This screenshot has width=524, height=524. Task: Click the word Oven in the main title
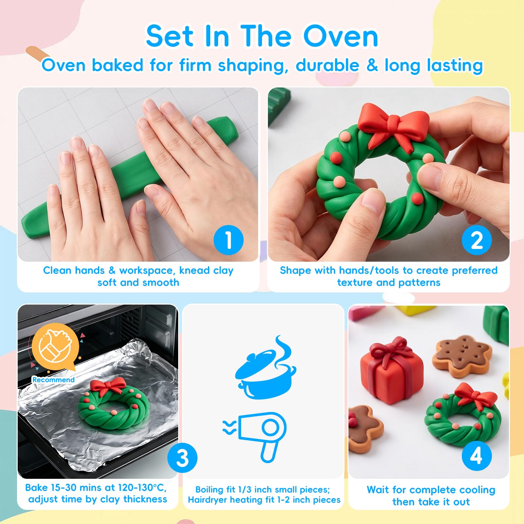341,36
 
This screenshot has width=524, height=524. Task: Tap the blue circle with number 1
228,240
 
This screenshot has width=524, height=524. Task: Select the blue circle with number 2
477,240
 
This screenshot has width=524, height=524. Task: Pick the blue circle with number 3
182,458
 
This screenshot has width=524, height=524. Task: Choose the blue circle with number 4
477,456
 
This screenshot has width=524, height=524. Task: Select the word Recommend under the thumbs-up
53,380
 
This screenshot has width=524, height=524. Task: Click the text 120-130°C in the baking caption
142,488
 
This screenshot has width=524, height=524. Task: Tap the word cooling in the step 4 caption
477,490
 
